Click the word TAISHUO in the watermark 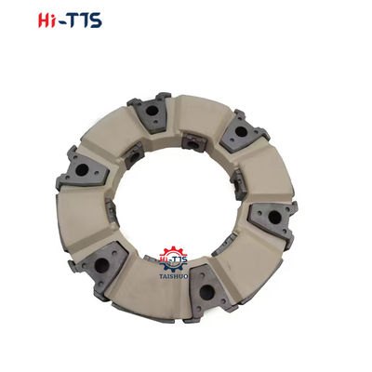(174, 275)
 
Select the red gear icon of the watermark (174, 258)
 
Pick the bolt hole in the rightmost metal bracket (273, 217)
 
